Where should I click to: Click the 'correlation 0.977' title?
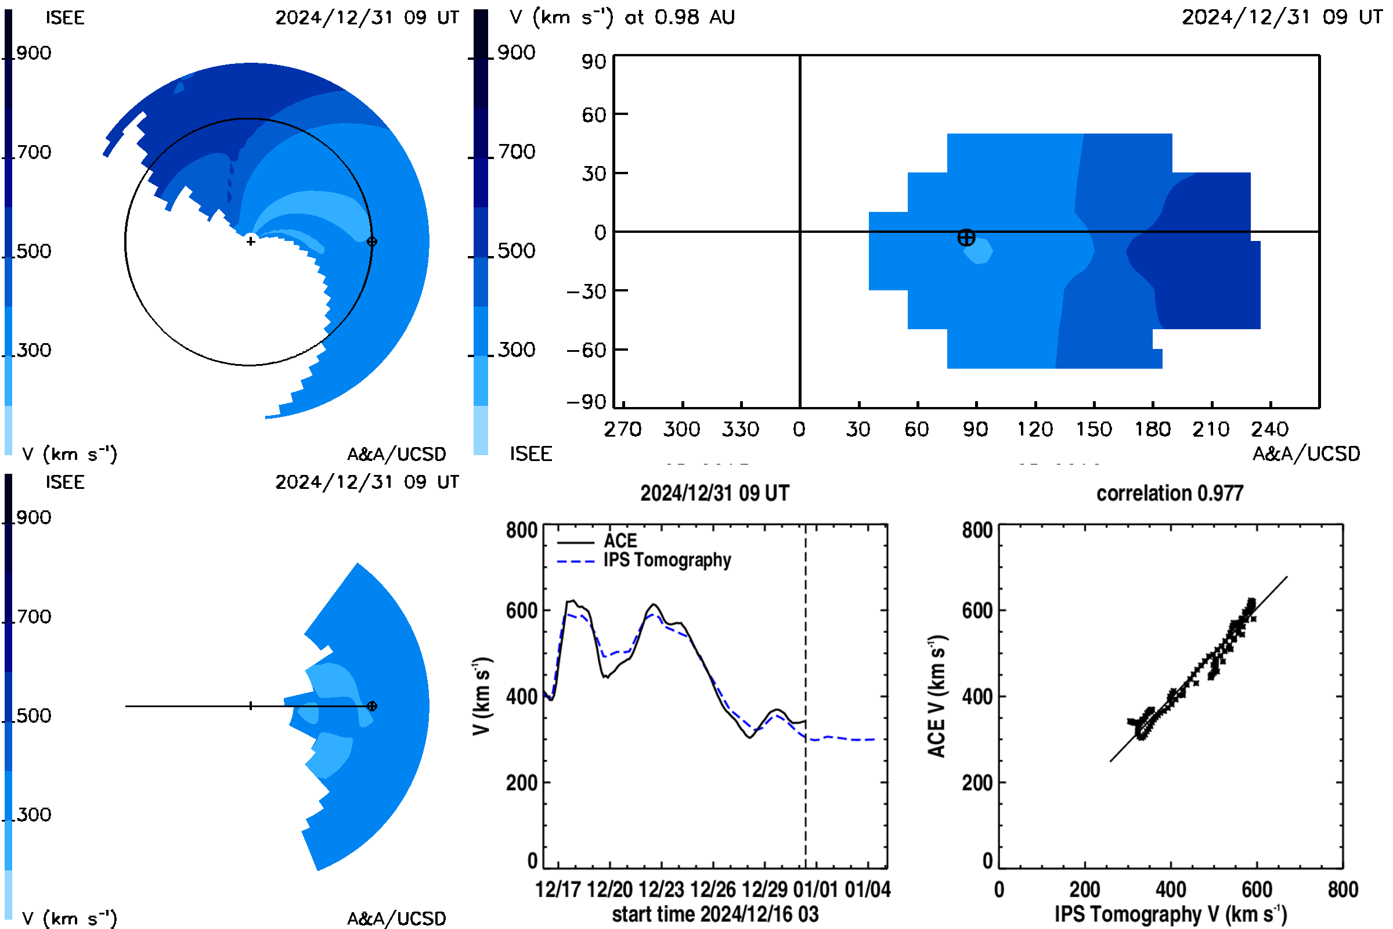coord(1169,494)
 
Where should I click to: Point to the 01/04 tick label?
coord(868,890)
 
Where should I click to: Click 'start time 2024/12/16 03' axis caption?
coord(715,914)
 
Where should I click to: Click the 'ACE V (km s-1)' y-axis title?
coord(937,697)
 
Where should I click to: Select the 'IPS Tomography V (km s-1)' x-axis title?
coord(1170,914)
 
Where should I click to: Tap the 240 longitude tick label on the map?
coord(1270,429)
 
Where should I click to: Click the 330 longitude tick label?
coord(741,429)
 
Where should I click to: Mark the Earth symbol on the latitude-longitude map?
coord(966,237)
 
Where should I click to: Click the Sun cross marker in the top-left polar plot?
coord(251,241)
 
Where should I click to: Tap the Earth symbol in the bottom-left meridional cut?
coord(372,706)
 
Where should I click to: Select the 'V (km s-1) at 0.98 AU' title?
coord(622,17)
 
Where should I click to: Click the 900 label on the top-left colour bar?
coord(34,53)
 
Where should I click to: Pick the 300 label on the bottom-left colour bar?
coord(34,815)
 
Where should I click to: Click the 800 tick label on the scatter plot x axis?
coord(1343,890)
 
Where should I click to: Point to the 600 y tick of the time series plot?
coord(521,610)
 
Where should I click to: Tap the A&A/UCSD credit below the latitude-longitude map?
coord(1306,454)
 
